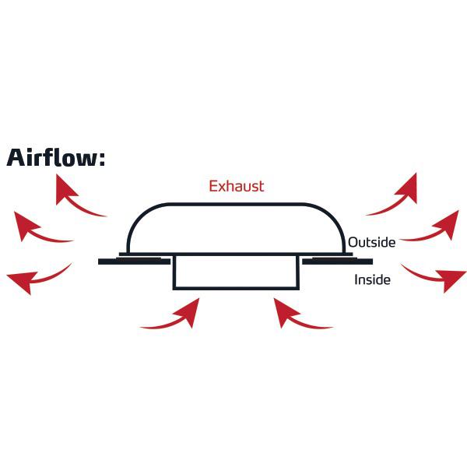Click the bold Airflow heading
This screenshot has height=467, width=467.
[56, 158]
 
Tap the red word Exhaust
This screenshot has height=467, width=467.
[237, 186]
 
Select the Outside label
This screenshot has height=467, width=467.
[371, 242]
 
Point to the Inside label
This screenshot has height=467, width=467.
[372, 279]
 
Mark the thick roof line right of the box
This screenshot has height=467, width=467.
[337, 261]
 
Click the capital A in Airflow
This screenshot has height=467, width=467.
[18, 158]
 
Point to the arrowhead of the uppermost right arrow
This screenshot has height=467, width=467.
[408, 186]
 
